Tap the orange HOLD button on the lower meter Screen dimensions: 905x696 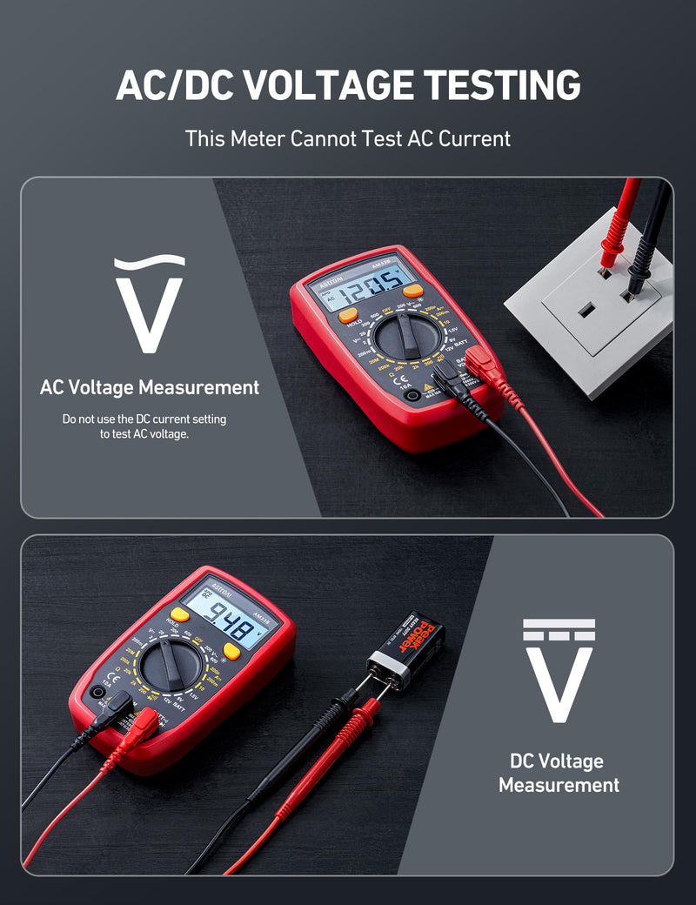tap(179, 614)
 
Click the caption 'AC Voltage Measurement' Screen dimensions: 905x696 tap(150, 387)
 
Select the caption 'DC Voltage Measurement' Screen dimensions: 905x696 tap(559, 773)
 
